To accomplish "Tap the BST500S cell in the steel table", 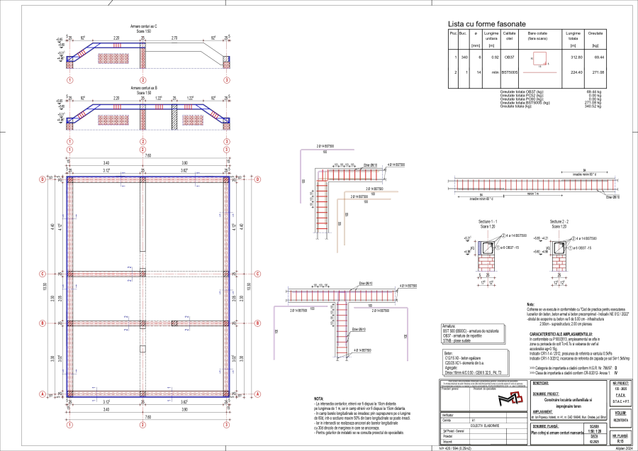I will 510,72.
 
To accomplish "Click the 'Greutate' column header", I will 595,33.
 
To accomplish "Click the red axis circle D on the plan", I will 42,180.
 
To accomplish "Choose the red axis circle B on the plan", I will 42,323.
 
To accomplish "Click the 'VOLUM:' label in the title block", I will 620,412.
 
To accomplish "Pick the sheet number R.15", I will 620,440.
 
